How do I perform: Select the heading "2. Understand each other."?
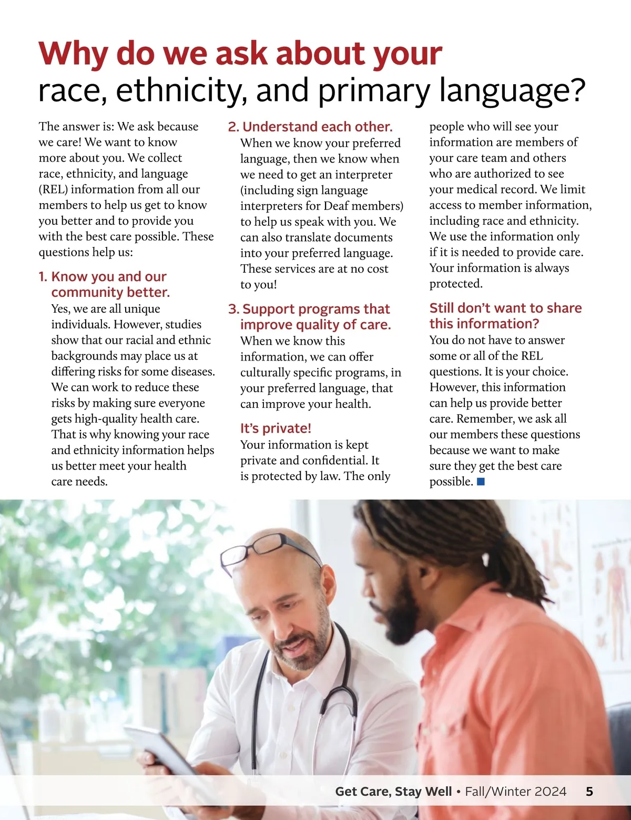click(310, 127)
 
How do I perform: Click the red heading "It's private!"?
click(276, 428)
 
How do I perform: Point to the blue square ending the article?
click(481, 481)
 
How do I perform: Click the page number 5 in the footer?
click(589, 792)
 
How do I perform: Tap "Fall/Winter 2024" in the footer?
click(516, 792)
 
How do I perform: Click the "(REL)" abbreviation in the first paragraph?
click(53, 189)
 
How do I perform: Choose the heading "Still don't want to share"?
click(505, 308)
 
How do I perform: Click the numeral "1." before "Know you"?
click(43, 277)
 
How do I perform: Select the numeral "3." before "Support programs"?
click(233, 309)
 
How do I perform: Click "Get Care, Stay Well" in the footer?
click(393, 792)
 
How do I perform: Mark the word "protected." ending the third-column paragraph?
click(455, 284)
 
